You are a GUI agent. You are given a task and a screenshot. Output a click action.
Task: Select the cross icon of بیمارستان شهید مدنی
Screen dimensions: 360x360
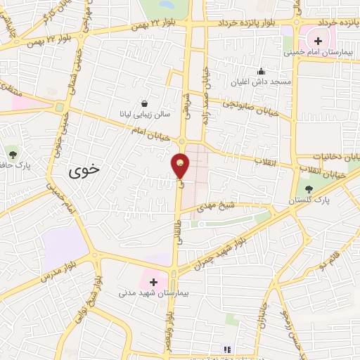pos(153,281)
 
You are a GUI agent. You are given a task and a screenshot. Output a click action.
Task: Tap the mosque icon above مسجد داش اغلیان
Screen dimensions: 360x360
pos(262,70)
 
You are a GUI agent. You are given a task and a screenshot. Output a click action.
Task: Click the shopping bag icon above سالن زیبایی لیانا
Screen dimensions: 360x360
pos(144,101)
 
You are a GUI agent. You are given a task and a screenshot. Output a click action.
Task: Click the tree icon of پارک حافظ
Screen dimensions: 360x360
pos(13,153)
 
